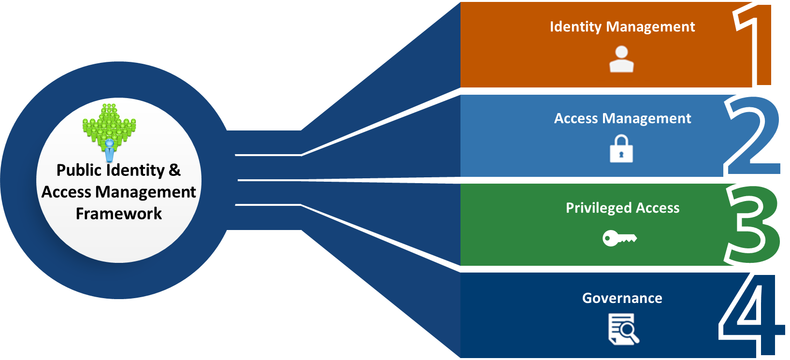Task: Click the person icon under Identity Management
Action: [621, 59]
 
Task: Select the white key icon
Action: [619, 238]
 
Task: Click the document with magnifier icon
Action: [623, 329]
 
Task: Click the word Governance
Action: [622, 298]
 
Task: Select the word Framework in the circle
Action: [119, 214]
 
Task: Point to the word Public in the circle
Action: [79, 170]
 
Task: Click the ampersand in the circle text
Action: [174, 170]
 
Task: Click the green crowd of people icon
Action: [109, 123]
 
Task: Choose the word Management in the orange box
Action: [650, 27]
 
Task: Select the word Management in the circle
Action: [145, 192]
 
